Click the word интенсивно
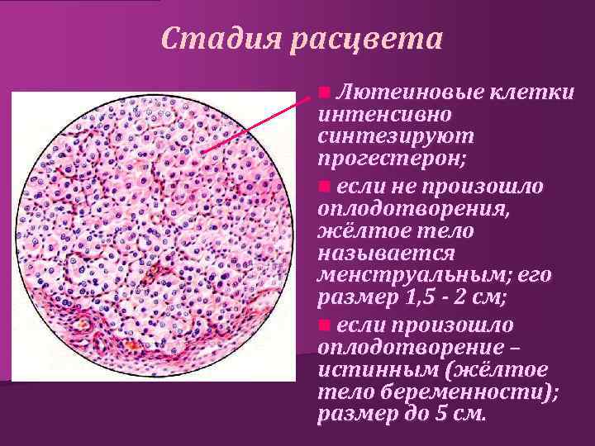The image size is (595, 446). coord(384,112)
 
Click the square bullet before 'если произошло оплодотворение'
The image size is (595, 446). coord(325,324)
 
